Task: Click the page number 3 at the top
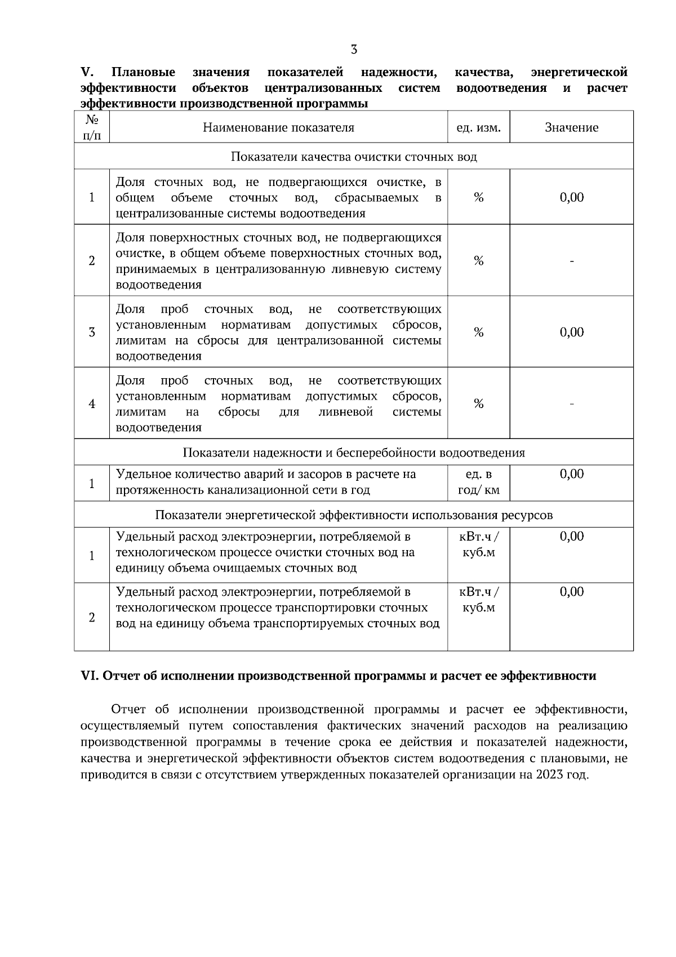[x=354, y=50]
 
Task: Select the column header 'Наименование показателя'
[x=278, y=127]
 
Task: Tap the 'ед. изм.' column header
[x=478, y=127]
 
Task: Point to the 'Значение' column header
[x=571, y=127]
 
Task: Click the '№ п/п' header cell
[x=91, y=127]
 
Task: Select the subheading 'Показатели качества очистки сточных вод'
[x=354, y=156]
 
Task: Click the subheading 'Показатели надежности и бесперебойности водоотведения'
[x=354, y=453]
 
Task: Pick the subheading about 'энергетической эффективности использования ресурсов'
[x=354, y=515]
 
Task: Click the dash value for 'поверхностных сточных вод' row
[x=572, y=261]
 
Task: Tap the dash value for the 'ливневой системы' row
[x=572, y=404]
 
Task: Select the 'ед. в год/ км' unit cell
[x=478, y=482]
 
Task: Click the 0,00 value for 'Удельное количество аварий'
[x=572, y=474]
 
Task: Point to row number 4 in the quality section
[x=92, y=404]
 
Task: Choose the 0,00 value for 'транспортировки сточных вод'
[x=572, y=592]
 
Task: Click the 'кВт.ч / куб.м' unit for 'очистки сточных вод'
[x=478, y=544]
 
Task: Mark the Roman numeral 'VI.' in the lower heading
[x=90, y=676]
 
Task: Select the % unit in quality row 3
[x=478, y=333]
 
